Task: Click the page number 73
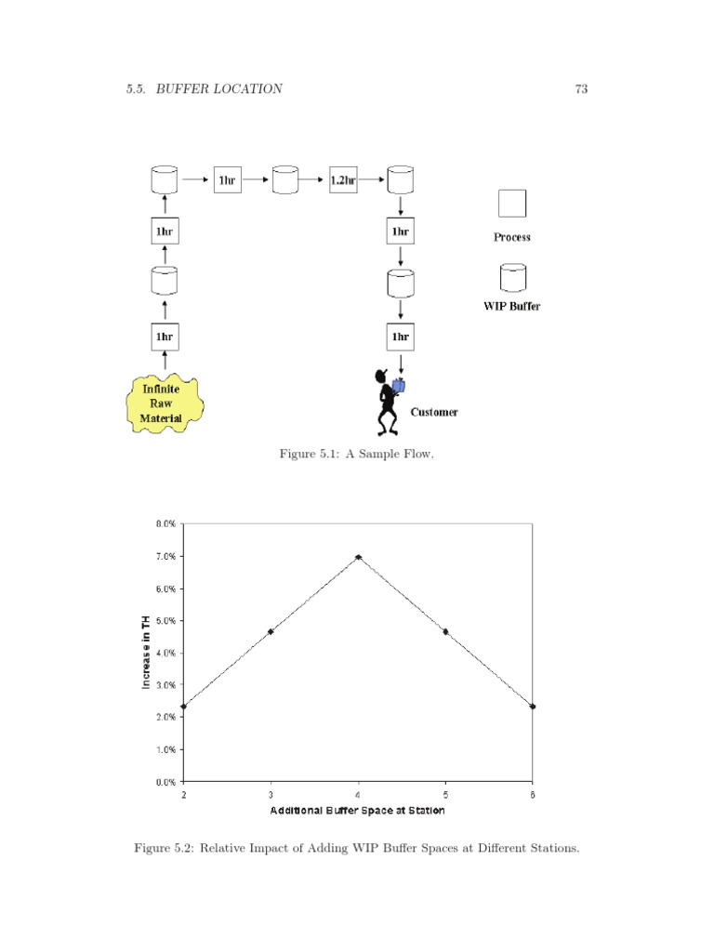tap(581, 89)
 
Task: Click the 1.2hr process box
tap(343, 179)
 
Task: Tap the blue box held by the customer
tap(399, 385)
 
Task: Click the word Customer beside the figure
tap(434, 412)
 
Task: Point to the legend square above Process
tap(512, 203)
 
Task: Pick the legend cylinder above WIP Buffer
tap(512, 277)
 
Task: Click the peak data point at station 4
tap(358, 557)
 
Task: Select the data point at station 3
tap(271, 631)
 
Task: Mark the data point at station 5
tap(445, 631)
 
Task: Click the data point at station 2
tap(184, 707)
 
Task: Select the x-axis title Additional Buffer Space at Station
tap(358, 811)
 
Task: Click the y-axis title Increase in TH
tap(146, 653)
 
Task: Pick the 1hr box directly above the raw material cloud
tap(164, 336)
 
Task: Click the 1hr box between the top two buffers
tap(227, 179)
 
